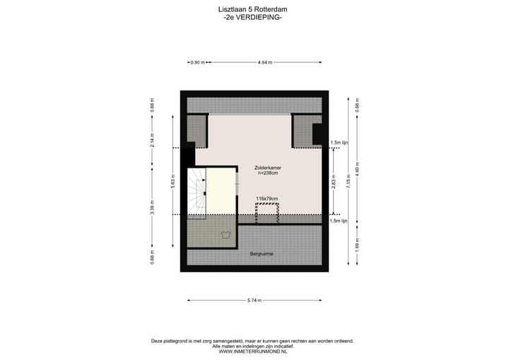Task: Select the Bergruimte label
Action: pos(262,252)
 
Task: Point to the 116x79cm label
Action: pos(267,199)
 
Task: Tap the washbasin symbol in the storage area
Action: pos(226,236)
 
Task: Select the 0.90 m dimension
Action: pos(197,63)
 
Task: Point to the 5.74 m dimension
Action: pos(254,301)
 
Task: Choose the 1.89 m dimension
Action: pos(357,245)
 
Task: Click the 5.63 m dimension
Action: pos(172,181)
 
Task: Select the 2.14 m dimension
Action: pos(153,141)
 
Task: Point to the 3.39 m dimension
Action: pos(153,209)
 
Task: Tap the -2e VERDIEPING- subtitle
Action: pos(252,17)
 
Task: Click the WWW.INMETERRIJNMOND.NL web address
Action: pos(252,351)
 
